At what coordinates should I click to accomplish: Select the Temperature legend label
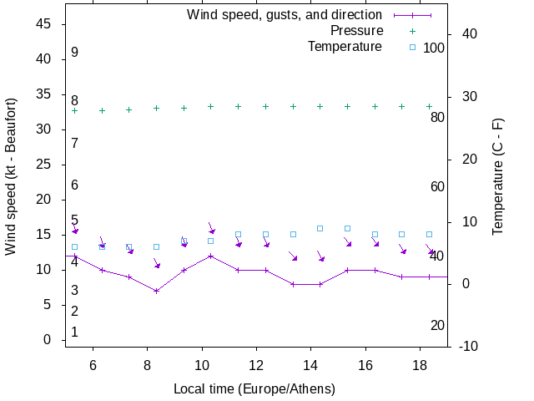[345, 47]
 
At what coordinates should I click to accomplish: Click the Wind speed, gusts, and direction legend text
[285, 15]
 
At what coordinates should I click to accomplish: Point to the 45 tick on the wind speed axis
[45, 25]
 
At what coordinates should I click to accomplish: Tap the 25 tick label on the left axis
[45, 165]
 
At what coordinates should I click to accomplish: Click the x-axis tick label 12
[256, 366]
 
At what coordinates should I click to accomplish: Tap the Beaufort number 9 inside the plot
[74, 53]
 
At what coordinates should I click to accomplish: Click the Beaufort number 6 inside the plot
[74, 185]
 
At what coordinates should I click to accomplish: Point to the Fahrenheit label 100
[434, 48]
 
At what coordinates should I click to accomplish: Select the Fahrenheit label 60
[437, 186]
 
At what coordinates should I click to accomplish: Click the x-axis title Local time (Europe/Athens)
[254, 389]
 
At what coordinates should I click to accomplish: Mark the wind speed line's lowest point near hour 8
[156, 291]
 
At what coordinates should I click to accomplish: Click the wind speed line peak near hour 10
[210, 256]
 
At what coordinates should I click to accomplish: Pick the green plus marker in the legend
[411, 31]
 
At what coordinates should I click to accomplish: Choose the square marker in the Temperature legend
[411, 47]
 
